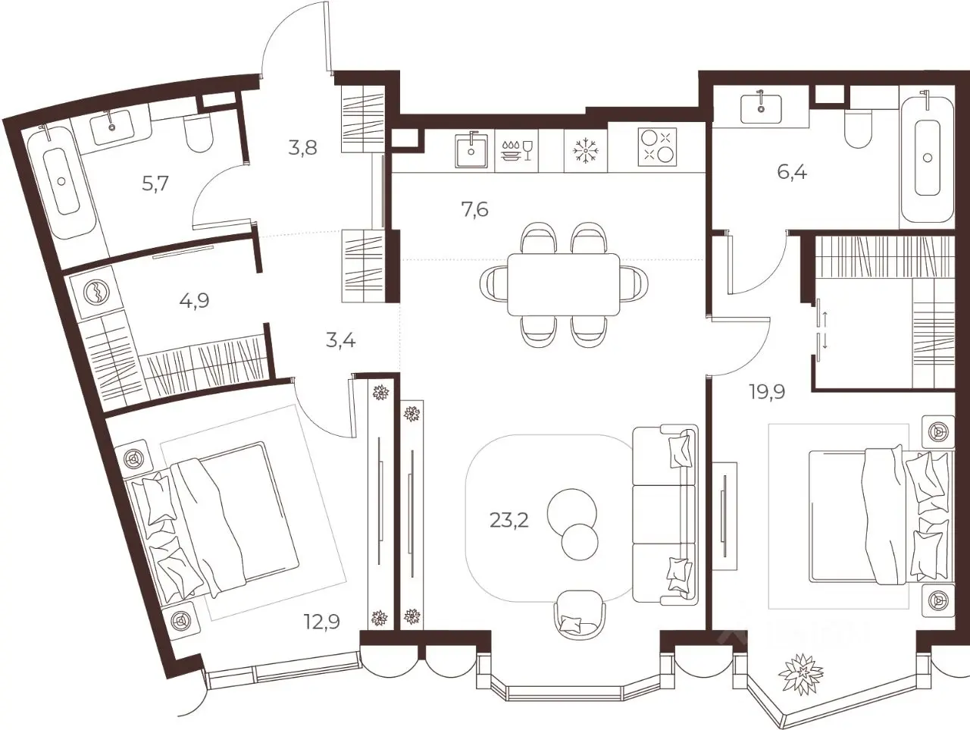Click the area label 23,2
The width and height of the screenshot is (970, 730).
click(508, 522)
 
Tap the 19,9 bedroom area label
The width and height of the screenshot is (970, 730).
click(767, 391)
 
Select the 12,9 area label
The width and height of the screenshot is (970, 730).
click(322, 622)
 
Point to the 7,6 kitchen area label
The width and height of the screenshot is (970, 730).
click(474, 209)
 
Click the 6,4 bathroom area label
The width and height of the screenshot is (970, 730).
click(792, 172)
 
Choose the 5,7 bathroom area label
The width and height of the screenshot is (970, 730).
click(155, 183)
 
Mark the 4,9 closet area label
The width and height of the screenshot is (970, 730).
click(194, 301)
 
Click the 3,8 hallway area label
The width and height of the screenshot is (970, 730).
click(302, 148)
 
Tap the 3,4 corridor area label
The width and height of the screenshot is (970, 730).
click(341, 341)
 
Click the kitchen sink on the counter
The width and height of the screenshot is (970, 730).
click(471, 150)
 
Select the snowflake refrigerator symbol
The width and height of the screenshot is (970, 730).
click(586, 150)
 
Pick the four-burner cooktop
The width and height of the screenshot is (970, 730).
click(657, 147)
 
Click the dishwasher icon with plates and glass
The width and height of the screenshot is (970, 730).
click(516, 150)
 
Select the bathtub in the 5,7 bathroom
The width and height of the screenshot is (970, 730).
click(62, 181)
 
